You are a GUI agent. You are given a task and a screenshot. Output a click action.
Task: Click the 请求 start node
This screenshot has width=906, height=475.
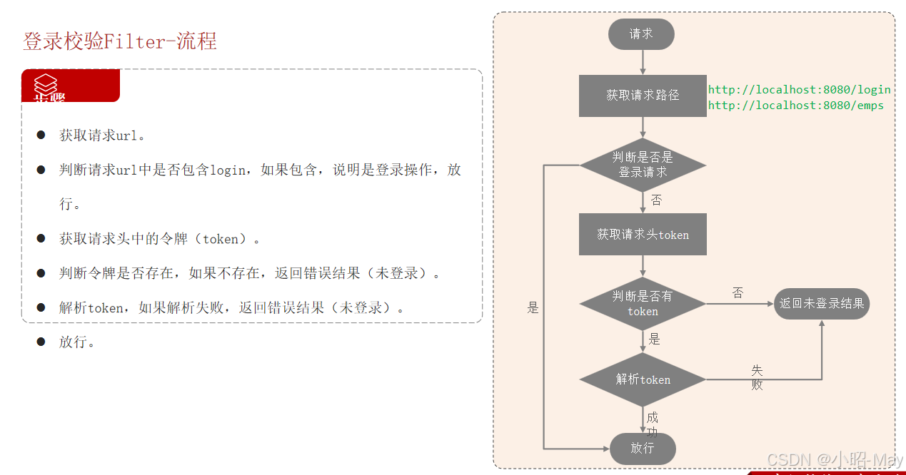[641, 34]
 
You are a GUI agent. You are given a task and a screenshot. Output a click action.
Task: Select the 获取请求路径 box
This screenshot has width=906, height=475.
[643, 96]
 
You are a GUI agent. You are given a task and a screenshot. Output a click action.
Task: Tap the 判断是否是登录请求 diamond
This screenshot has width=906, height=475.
[643, 165]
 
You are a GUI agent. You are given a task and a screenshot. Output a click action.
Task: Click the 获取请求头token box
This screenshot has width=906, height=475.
[643, 234]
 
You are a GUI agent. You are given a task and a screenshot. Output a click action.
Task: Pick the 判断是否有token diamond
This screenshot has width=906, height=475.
[643, 303]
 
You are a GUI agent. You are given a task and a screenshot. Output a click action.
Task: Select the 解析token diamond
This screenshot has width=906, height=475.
[643, 379]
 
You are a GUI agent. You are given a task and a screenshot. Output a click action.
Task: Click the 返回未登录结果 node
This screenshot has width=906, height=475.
[822, 303]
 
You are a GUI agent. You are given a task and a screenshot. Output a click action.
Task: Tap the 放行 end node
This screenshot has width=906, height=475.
[643, 448]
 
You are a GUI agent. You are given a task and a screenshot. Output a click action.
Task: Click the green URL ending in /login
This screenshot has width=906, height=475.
[799, 90]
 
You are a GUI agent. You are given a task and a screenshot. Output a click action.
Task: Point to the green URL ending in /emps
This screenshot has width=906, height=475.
[795, 106]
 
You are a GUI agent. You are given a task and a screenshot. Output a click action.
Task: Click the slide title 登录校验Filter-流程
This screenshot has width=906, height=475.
[120, 41]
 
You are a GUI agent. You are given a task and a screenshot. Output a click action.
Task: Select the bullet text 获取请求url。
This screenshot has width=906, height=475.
[103, 136]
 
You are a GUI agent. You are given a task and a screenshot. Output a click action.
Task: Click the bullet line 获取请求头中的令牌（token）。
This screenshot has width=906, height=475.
[160, 239]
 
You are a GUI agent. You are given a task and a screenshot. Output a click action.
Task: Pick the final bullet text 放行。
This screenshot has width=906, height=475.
[77, 342]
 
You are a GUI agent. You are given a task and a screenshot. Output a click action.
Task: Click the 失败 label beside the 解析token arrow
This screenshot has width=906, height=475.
[757, 377]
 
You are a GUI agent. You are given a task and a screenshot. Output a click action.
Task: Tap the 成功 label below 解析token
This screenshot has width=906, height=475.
[652, 424]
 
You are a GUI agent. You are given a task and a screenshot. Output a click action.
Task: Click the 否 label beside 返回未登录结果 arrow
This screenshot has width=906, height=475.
[738, 293]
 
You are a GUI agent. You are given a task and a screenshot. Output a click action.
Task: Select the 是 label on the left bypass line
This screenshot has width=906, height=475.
[533, 308]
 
